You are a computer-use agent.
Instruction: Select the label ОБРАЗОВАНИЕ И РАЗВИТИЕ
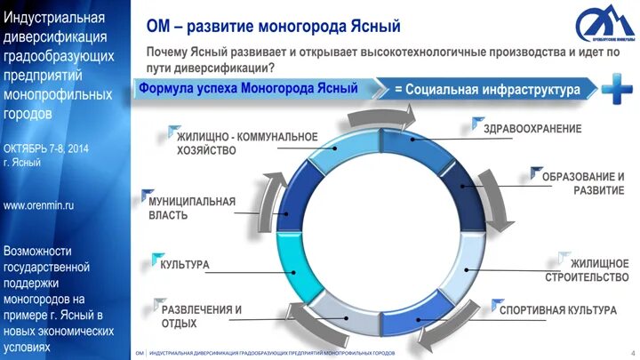point(582,184)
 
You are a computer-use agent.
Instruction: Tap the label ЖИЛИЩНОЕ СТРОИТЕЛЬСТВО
point(587,270)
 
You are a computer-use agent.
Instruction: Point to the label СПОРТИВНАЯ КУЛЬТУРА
point(557,310)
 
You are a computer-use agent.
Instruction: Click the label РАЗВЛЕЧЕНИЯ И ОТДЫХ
point(201,316)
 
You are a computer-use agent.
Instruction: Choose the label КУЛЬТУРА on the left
point(184,265)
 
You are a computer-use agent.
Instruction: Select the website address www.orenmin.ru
point(39,205)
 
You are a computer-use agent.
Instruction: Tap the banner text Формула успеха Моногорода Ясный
point(248,89)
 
